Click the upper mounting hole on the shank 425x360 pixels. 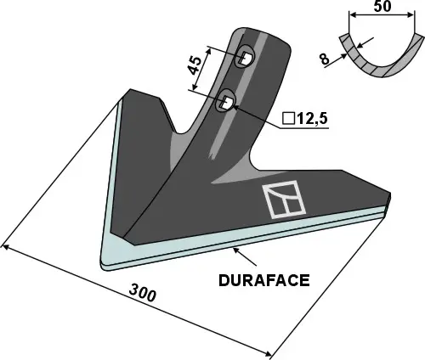tap(245, 57)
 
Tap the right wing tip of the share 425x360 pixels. tap(388, 205)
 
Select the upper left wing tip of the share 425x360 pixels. tap(129, 91)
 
